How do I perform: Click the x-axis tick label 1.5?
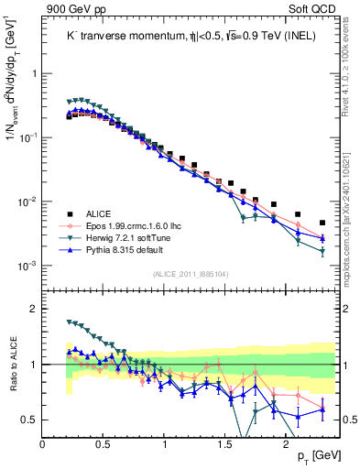[224, 445]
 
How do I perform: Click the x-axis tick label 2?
[285, 445]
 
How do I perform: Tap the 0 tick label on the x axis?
[43, 445]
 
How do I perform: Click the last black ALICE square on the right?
[322, 223]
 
